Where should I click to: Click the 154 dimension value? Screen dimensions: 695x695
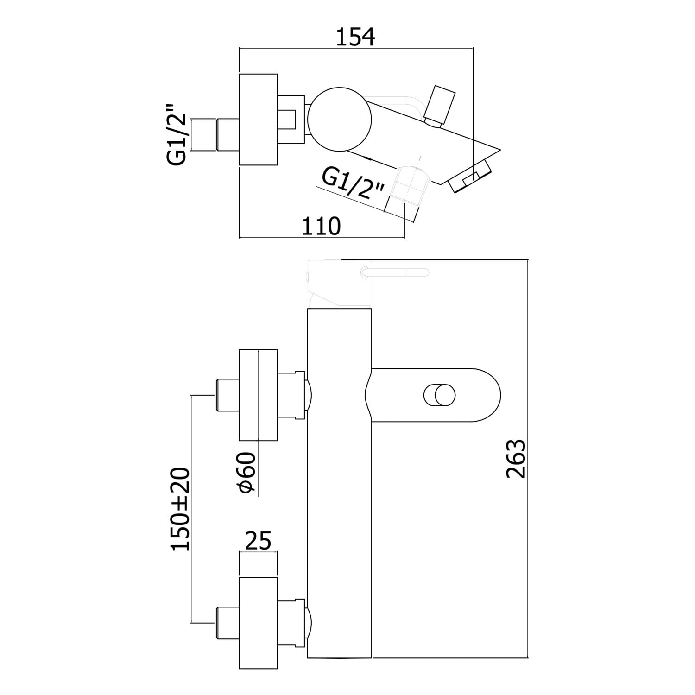[x=355, y=37]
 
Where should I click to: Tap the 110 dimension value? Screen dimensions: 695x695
[x=321, y=226]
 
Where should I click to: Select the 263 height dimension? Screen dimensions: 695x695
[x=516, y=459]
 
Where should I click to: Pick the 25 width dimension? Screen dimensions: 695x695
[x=258, y=540]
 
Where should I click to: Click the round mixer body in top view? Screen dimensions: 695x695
[x=340, y=119]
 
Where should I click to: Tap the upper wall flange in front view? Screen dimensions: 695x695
[x=258, y=395]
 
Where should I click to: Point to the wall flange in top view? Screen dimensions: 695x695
[x=258, y=119]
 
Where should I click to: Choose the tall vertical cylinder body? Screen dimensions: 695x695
[x=340, y=463]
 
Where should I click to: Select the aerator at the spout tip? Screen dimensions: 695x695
[x=469, y=179]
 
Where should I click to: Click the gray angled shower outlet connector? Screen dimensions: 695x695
[x=408, y=185]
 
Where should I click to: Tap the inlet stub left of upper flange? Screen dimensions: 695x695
[x=227, y=395]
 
